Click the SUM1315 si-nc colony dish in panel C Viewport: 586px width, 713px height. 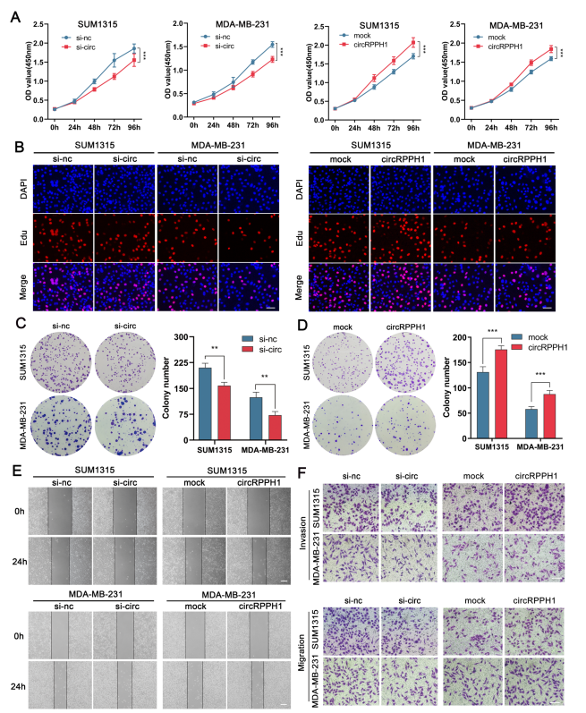click(x=58, y=359)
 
